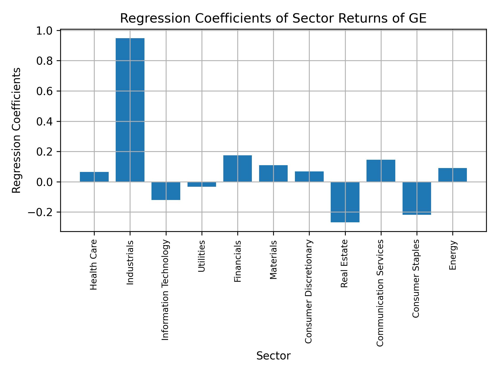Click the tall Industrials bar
point(130,110)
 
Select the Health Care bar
point(94,177)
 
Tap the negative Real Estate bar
point(345,202)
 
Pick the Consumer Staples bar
point(417,198)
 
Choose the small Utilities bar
point(202,184)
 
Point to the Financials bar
point(238,169)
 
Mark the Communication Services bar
point(381,171)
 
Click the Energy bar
point(452,175)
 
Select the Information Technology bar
point(166,191)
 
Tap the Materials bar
point(273,173)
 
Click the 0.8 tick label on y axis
point(45,61)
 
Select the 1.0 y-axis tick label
point(45,31)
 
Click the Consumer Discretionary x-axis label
point(308,291)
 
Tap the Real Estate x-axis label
point(344,264)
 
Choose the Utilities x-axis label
point(201,256)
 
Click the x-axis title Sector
point(273,356)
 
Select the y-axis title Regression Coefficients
point(17,130)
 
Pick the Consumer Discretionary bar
point(309,177)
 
